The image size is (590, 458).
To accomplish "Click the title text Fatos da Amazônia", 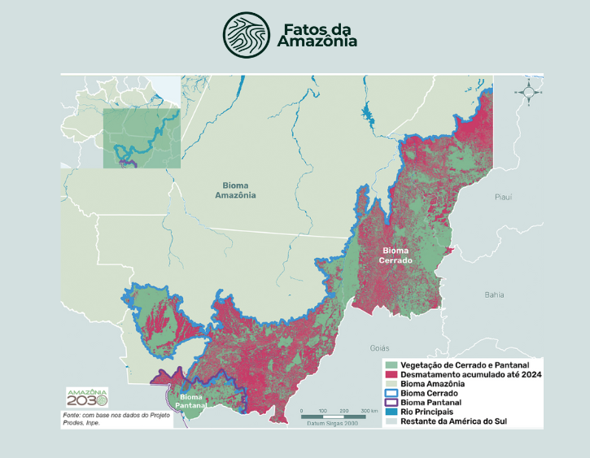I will pos(317,36).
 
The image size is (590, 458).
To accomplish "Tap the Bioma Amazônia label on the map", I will pos(235,190).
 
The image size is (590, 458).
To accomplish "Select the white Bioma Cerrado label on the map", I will pos(397,255).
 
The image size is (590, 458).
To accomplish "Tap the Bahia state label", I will pos(493,294).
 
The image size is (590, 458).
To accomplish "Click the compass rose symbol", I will pos(528,93).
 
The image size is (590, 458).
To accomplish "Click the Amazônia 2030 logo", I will pos(87,398).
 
